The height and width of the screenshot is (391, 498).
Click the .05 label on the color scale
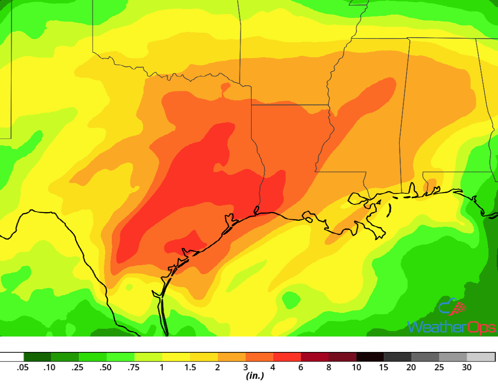coord(23,367)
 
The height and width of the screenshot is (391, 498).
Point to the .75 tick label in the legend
coord(134,367)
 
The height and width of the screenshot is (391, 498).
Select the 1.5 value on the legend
coord(189,367)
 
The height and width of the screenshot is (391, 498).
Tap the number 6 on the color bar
coord(301,367)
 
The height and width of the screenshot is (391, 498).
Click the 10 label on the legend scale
coord(356,367)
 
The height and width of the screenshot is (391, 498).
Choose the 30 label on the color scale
coord(467,367)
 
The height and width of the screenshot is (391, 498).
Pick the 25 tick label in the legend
coord(439,367)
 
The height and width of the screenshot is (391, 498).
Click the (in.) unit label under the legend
coord(254,376)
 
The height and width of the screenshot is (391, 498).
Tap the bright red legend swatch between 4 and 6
coord(287,357)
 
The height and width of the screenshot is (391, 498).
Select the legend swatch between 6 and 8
coord(314,357)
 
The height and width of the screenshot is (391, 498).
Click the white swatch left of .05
coord(12,357)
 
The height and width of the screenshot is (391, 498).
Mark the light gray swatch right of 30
coord(481,357)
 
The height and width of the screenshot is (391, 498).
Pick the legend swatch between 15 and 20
coord(398,357)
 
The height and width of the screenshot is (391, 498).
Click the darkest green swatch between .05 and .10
coord(37,357)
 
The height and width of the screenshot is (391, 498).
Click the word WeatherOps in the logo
coord(451,327)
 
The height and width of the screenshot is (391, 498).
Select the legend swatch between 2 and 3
coord(231,357)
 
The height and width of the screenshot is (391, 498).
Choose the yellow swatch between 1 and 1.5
coord(176,357)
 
